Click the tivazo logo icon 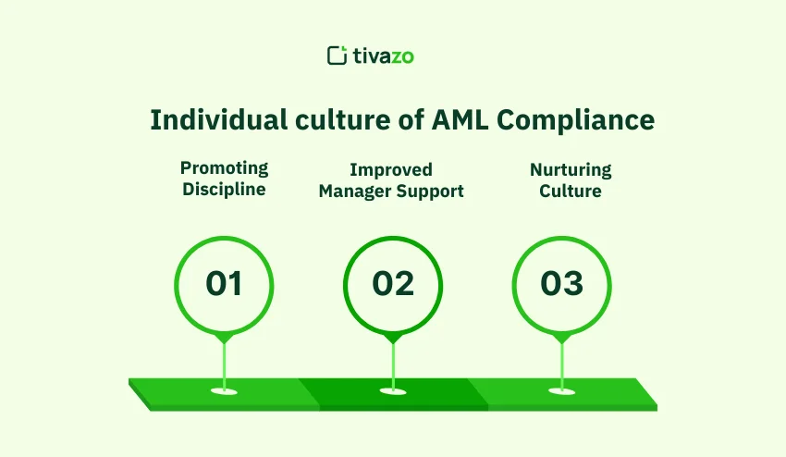pyautogui.click(x=337, y=56)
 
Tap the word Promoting pyautogui.click(x=224, y=168)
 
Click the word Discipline pyautogui.click(x=224, y=191)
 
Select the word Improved pyautogui.click(x=391, y=170)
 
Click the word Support pyautogui.click(x=433, y=191)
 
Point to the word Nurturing pyautogui.click(x=571, y=170)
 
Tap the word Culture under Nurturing pyautogui.click(x=571, y=191)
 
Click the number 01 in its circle pyautogui.click(x=224, y=284)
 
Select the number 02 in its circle pyautogui.click(x=393, y=284)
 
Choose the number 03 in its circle pyautogui.click(x=561, y=284)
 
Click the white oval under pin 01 pyautogui.click(x=224, y=391)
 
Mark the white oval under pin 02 pyautogui.click(x=393, y=391)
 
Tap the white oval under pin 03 pyautogui.click(x=561, y=391)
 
